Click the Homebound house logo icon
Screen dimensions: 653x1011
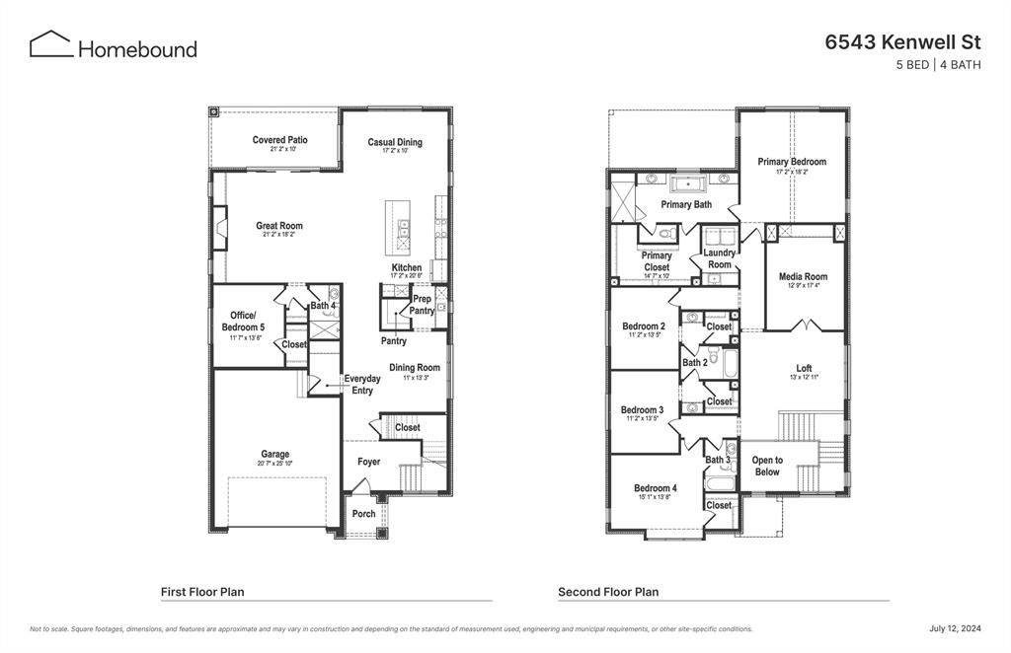pos(50,44)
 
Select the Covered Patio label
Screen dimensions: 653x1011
pos(279,140)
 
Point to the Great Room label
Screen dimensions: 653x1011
pos(279,226)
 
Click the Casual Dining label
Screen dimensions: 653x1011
pos(395,142)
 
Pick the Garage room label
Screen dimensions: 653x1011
pos(275,455)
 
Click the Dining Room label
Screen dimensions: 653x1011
pos(415,368)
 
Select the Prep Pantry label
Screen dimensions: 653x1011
pos(422,305)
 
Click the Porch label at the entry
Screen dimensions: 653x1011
pos(363,514)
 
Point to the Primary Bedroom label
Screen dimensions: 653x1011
pos(792,162)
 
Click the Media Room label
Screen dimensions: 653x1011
pos(803,277)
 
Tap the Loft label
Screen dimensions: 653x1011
pos(804,368)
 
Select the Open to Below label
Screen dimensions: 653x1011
pos(767,466)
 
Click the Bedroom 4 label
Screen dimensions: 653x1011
pos(656,488)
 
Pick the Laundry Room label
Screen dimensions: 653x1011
pos(720,258)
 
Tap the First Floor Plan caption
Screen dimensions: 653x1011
pos(202,592)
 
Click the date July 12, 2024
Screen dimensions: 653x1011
pos(955,628)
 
